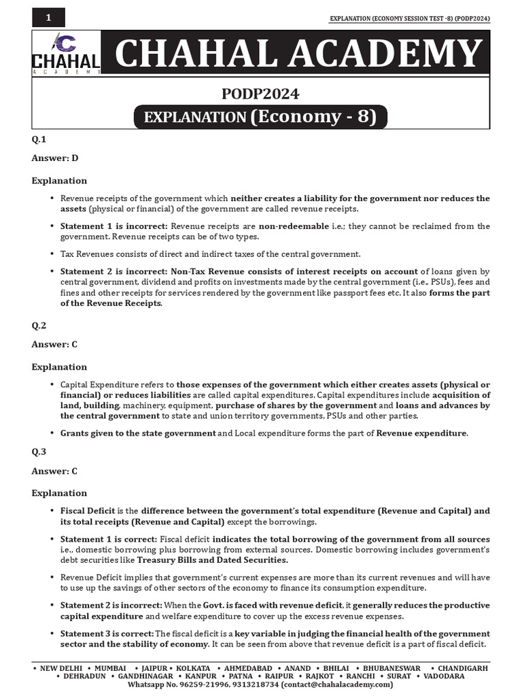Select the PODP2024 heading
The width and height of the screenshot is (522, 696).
click(x=261, y=94)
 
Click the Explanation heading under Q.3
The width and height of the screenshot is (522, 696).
click(x=59, y=493)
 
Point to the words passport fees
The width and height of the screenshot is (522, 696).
click(x=354, y=293)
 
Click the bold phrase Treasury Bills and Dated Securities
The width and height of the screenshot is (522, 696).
click(x=213, y=560)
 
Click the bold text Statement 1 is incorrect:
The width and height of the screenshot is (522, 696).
click(x=114, y=226)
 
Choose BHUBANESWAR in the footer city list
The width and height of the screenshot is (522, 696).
click(x=392, y=668)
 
